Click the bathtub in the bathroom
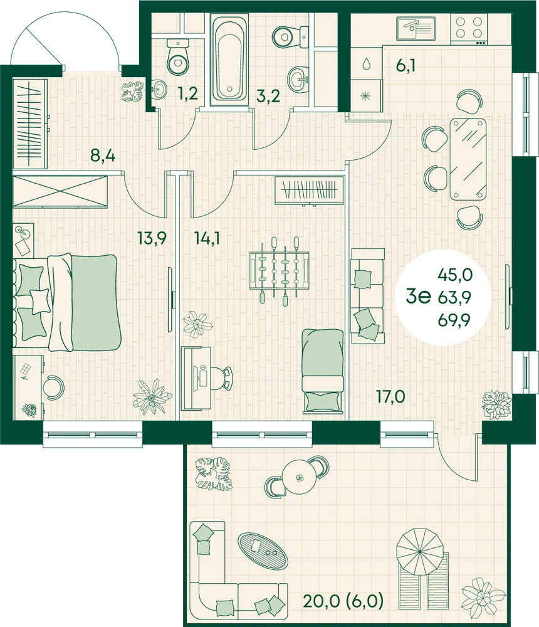(229, 57)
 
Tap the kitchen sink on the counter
(416, 29)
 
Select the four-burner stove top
(469, 29)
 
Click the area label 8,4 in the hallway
(103, 155)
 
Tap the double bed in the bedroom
(67, 302)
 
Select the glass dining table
(468, 159)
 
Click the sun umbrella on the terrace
(420, 551)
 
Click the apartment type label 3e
(418, 297)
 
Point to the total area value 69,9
(455, 320)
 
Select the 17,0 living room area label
(390, 397)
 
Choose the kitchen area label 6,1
(406, 65)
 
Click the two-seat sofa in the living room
(367, 296)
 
